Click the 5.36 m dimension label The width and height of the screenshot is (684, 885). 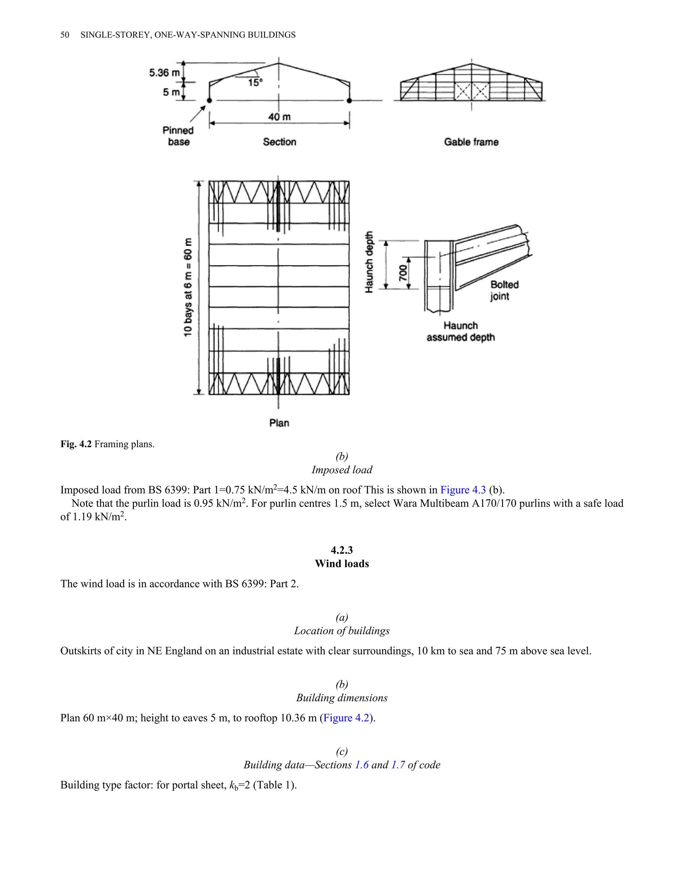164,73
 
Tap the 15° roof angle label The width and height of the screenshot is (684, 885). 255,83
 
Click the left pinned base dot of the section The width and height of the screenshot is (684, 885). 209,101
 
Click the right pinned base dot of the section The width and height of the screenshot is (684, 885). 349,101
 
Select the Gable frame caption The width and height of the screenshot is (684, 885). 471,142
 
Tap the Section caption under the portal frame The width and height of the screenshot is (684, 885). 279,142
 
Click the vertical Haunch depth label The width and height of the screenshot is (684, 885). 369,262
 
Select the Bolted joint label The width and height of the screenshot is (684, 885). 504,290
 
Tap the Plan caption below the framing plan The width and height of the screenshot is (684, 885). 279,423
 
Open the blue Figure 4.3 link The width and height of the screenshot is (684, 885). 463,490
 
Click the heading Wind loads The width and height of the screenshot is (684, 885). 342,564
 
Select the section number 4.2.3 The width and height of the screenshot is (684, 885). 342,550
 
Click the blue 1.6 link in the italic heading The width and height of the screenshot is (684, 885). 361,765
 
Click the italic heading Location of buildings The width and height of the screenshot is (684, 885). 342,631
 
